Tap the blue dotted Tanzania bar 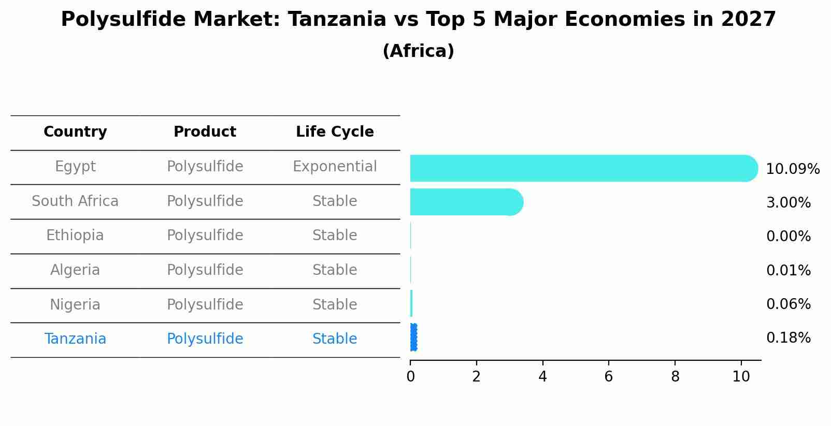coord(413,337)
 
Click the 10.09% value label coord(793,169)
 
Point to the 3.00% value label coord(788,203)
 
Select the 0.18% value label coord(788,338)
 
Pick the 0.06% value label coord(788,304)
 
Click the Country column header coord(75,132)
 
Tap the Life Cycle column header coord(335,132)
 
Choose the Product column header coord(205,132)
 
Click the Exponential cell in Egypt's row coord(335,167)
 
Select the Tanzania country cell coord(75,339)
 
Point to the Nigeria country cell coord(75,305)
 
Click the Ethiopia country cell coord(75,236)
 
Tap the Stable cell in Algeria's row coord(335,270)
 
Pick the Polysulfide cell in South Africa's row coord(205,201)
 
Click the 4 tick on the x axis coord(542,377)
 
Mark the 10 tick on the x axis coord(741,377)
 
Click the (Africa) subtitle coord(418,51)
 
